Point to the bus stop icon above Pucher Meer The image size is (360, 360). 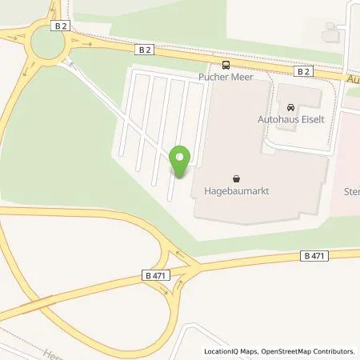coord(226,65)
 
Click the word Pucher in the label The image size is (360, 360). coord(212,78)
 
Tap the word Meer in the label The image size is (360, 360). coord(241,78)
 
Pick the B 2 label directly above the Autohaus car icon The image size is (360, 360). coord(302,71)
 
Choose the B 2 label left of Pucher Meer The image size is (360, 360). coord(144,50)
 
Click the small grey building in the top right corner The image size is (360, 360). coord(330,32)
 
